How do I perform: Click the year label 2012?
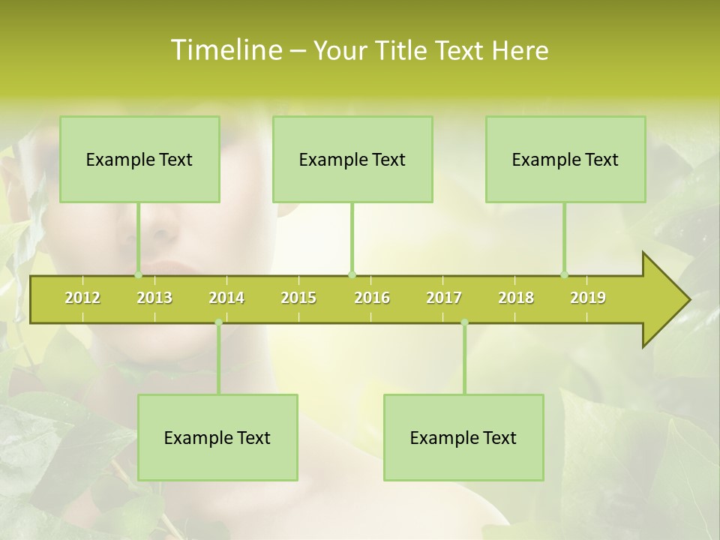[x=82, y=298]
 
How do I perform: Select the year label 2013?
[x=154, y=298]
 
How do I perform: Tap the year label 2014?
[x=226, y=298]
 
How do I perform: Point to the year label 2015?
[x=298, y=298]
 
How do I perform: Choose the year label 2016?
[x=372, y=298]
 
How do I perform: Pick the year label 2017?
[x=444, y=298]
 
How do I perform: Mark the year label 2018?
[x=516, y=298]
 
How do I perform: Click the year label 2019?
[x=588, y=298]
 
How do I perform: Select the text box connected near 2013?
[x=139, y=160]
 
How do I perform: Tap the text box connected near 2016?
[x=352, y=160]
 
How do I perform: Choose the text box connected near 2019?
[x=565, y=160]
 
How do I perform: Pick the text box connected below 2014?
[x=217, y=438]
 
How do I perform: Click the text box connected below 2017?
[x=463, y=438]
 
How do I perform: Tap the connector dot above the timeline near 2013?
[x=138, y=274]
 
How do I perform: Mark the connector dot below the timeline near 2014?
[x=218, y=322]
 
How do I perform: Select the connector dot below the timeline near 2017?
[x=464, y=322]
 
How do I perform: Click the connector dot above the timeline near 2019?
[x=565, y=274]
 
